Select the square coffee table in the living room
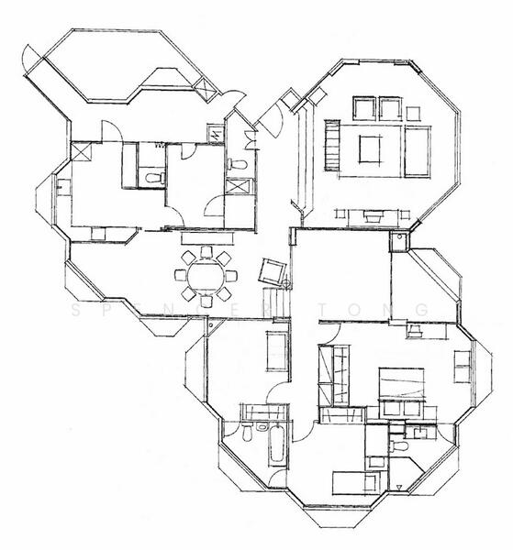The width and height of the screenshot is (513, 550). coord(371,148)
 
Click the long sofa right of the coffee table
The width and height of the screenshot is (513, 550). coord(418,150)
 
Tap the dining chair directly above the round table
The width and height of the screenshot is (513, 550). coord(206,252)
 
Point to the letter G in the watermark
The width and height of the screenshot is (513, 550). coord(420,311)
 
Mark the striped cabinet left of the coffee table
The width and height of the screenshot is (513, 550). coord(330,149)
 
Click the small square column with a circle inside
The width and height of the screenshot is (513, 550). coord(397,242)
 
